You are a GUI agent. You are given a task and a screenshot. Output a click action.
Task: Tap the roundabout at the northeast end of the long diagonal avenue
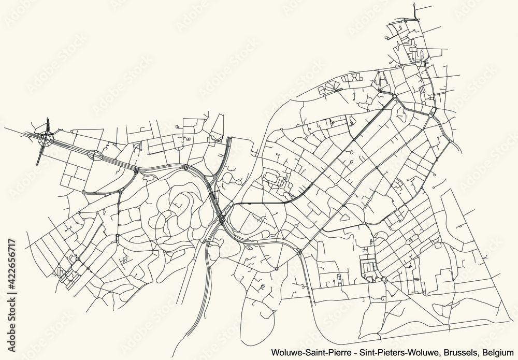pos(395,96)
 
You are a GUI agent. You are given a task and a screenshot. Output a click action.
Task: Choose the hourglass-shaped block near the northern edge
pos(352,78)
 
